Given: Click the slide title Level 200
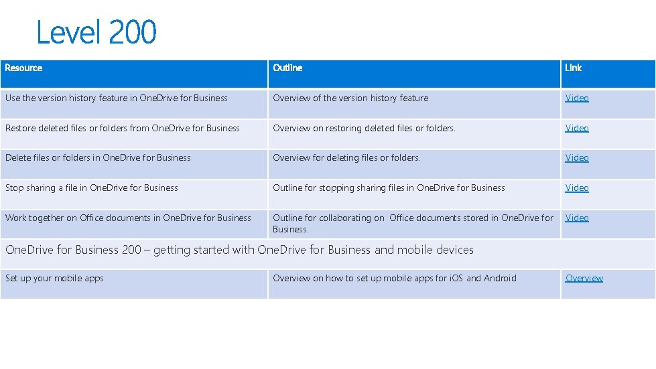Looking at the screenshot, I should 96,32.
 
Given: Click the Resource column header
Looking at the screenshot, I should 24,68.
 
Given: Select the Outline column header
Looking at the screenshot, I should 287,68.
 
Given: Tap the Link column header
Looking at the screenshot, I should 573,68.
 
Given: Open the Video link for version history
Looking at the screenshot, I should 576,98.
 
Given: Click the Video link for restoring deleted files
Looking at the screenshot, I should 576,128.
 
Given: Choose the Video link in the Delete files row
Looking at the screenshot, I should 576,158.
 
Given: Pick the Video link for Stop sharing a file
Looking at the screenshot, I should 576,188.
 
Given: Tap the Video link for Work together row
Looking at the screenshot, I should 576,218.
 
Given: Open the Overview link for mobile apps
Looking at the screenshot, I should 584,278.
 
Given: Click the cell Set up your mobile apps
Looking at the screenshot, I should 54,278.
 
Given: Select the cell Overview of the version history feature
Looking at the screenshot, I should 350,98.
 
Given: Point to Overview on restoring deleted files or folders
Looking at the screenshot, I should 364,128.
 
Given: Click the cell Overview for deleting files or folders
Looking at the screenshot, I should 346,158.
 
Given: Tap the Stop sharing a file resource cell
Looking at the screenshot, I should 92,188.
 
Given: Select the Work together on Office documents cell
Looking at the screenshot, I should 128,218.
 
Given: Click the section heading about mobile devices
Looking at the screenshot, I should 239,250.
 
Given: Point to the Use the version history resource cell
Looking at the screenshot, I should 117,98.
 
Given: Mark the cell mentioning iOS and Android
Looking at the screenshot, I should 395,278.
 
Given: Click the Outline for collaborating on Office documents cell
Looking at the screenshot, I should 413,223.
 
